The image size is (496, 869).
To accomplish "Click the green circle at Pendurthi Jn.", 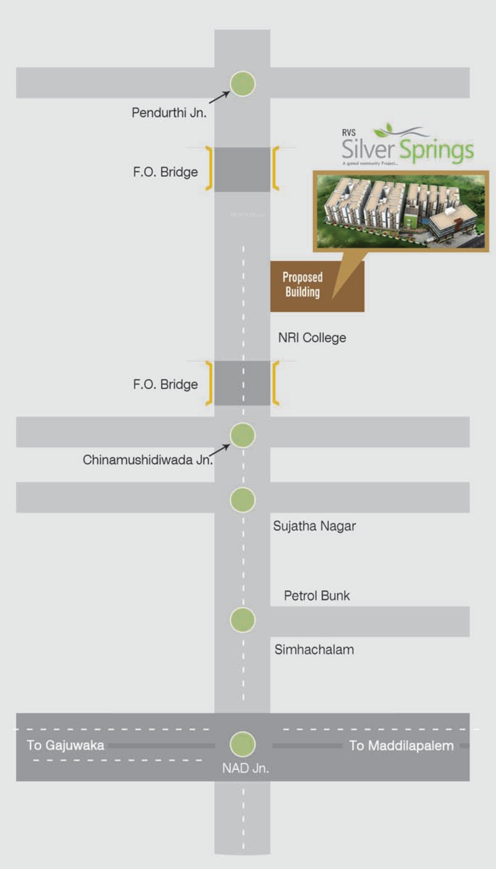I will pyautogui.click(x=243, y=83).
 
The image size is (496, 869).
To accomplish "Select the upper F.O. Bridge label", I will pyautogui.click(x=165, y=172).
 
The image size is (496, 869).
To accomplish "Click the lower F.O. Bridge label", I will pyautogui.click(x=165, y=384).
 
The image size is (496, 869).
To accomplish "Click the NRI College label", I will pyautogui.click(x=312, y=338).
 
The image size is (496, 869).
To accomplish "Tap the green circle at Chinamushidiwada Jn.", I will pyautogui.click(x=243, y=435).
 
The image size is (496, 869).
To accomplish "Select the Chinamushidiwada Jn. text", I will pyautogui.click(x=148, y=460).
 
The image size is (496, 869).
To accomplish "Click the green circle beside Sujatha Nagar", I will pyautogui.click(x=243, y=500).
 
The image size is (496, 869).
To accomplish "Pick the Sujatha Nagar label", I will pyautogui.click(x=314, y=526).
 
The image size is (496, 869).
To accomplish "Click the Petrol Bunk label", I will pyautogui.click(x=317, y=596).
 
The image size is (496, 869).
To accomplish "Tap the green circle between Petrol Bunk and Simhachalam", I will pyautogui.click(x=243, y=620).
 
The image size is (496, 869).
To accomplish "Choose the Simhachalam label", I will pyautogui.click(x=314, y=650).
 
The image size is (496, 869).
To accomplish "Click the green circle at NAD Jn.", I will pyautogui.click(x=243, y=744).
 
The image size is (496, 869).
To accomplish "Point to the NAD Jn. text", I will pyautogui.click(x=246, y=768).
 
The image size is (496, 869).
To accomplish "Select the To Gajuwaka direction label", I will pyautogui.click(x=65, y=745).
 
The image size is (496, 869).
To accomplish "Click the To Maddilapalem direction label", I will pyautogui.click(x=401, y=746).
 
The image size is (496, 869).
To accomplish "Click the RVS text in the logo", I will pyautogui.click(x=349, y=133).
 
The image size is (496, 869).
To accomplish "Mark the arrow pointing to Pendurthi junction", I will pyautogui.click(x=219, y=97).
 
